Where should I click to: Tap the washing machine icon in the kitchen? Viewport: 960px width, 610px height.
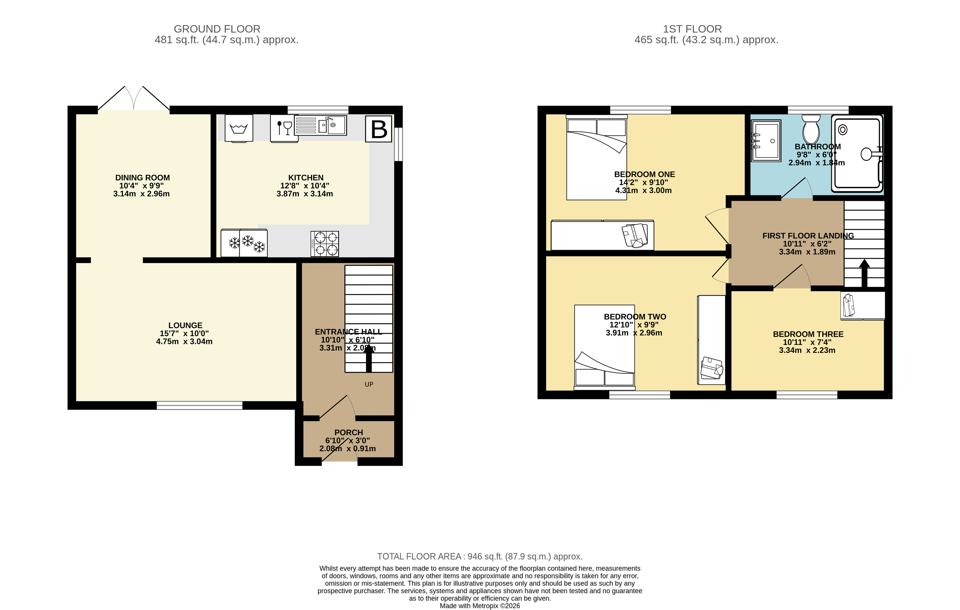pos(239,128)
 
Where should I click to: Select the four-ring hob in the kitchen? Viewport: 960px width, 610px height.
pos(325,244)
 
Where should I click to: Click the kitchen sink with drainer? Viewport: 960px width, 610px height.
pos(320,125)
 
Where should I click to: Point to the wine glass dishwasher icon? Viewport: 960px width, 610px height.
pos(284,128)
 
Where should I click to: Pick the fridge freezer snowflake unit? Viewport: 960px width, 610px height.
pos(244,243)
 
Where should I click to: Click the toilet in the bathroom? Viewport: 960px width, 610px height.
pos(811,129)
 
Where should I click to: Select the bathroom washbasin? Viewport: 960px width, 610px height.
pos(766,140)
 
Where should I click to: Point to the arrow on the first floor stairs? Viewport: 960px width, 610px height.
pos(864,273)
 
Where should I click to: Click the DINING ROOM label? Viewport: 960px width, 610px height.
pos(142,178)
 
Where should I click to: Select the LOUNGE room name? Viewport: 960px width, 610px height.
pos(185,325)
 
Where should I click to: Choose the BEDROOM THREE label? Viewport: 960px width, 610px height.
pos(808,334)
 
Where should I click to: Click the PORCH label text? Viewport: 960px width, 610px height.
pos(348,433)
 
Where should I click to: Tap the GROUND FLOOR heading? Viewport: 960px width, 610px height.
pos(217,29)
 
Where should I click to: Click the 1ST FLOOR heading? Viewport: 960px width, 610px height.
pos(692,29)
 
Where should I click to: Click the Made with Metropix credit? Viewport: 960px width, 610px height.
pos(480,606)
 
